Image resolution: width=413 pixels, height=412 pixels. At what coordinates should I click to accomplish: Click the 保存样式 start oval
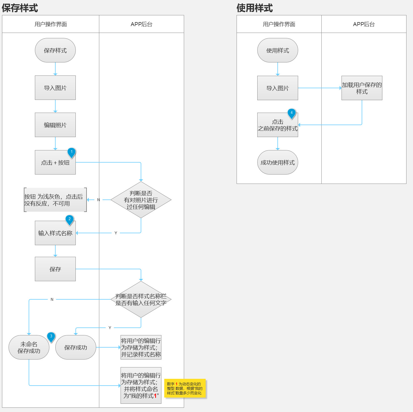55,51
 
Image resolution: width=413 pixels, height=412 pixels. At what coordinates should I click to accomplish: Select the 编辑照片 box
55,125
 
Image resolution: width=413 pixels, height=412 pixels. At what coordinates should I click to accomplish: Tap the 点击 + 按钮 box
55,162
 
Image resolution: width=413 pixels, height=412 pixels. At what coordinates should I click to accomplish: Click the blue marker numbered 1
71,153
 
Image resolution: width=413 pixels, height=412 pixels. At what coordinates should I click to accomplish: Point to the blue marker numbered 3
51,337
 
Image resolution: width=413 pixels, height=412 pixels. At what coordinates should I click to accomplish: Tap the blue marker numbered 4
292,113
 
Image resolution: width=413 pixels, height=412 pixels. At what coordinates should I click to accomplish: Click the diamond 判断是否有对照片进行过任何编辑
141,200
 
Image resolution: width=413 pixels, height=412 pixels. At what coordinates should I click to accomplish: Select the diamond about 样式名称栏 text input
141,299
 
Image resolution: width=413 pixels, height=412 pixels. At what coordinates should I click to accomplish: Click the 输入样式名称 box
55,233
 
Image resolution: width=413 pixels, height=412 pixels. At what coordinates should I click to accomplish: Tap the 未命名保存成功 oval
29,347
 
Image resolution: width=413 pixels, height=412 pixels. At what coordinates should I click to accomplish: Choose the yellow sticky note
185,388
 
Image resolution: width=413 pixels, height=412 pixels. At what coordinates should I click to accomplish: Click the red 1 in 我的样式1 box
155,396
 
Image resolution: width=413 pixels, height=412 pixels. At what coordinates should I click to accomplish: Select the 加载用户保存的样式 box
362,88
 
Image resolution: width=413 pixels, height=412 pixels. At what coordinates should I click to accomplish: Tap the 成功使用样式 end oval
277,162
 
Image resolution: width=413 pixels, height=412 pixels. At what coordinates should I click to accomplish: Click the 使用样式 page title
255,8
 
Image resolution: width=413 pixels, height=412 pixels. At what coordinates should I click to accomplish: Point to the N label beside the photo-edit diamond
98,200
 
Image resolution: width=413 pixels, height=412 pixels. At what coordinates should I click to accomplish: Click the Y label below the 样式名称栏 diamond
110,328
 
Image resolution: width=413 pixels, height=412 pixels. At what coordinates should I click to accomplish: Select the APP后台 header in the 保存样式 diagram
142,24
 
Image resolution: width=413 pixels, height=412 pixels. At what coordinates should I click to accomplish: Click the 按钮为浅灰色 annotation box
55,200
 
